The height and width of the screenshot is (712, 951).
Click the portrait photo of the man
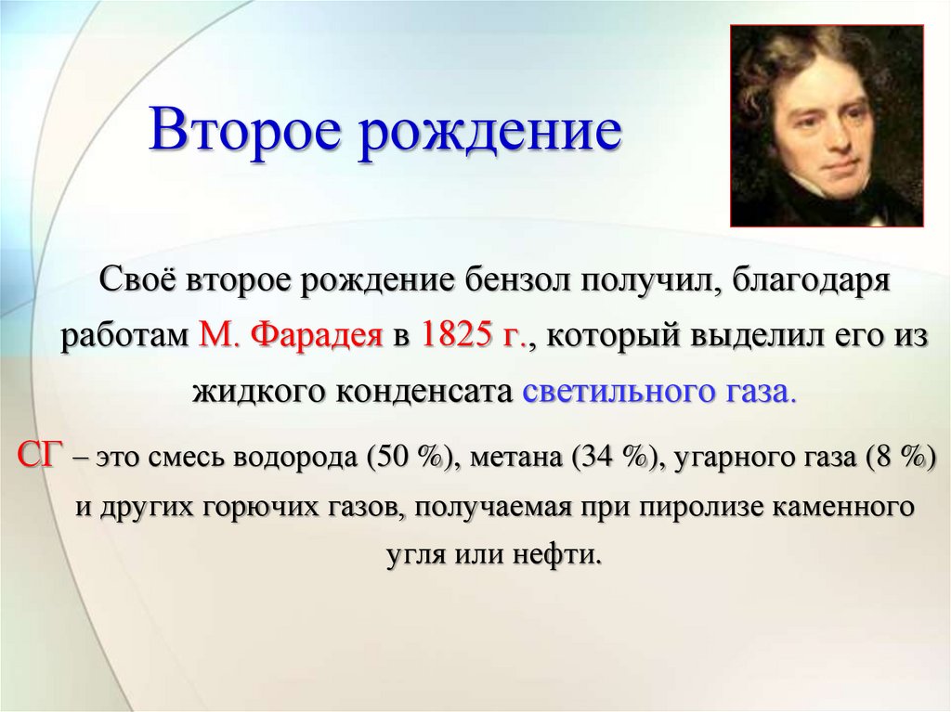tap(826, 125)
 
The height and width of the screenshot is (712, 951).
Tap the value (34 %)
tap(614, 457)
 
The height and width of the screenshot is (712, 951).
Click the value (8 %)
tap(898, 457)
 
